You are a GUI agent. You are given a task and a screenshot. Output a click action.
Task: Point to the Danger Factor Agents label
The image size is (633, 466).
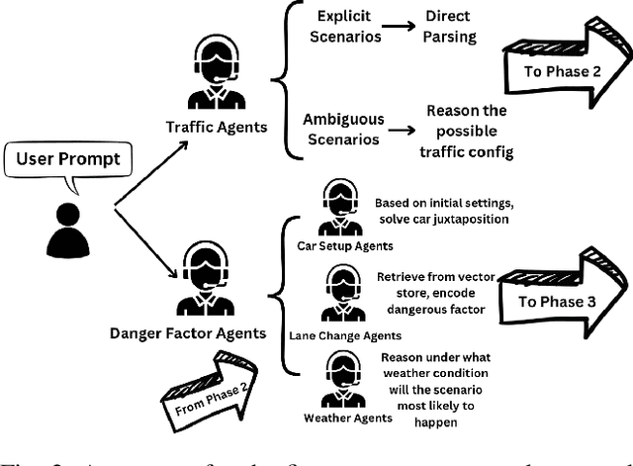pos(188,333)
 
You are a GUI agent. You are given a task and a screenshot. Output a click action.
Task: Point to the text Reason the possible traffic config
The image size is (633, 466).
pos(467,131)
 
